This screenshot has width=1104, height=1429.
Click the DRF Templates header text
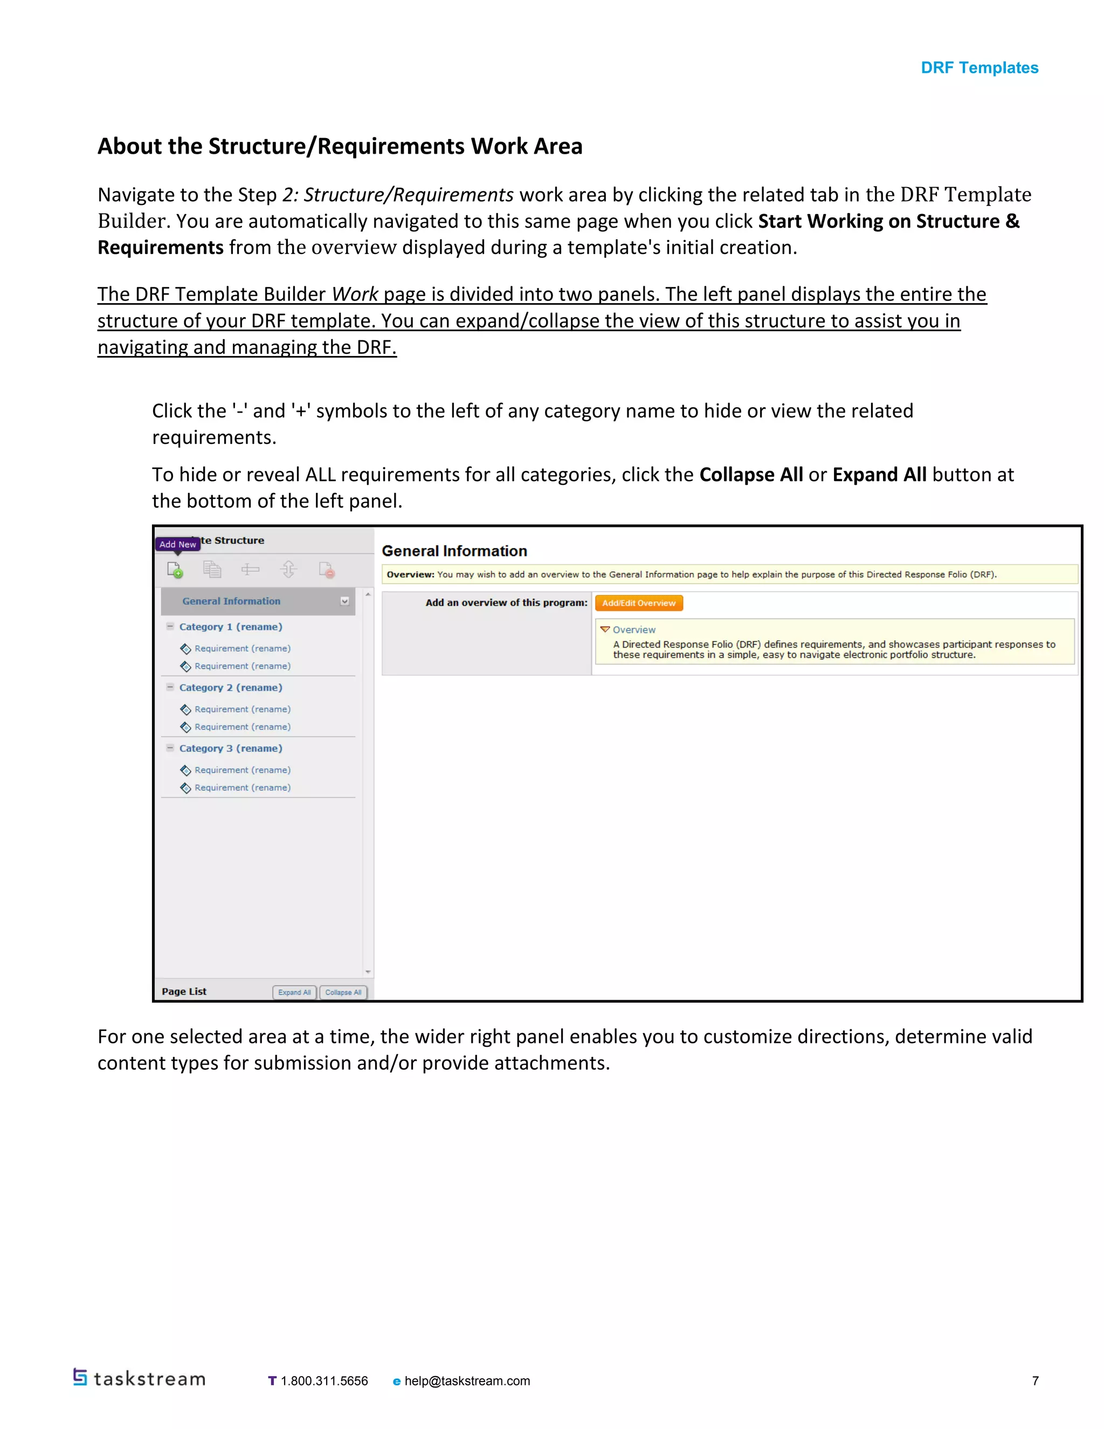(x=979, y=68)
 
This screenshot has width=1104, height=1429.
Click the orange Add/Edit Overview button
(x=638, y=603)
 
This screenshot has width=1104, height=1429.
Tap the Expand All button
(x=294, y=992)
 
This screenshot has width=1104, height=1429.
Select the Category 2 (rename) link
(x=230, y=687)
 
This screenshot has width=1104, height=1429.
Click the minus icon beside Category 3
(x=170, y=747)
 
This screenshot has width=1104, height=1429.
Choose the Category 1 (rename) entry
(x=230, y=626)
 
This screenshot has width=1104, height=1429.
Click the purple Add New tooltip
(x=177, y=544)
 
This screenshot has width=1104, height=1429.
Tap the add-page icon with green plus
(x=175, y=569)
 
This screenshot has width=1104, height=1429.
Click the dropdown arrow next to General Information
(x=344, y=601)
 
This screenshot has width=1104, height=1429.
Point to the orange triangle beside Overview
(x=605, y=629)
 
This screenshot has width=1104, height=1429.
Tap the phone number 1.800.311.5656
(x=324, y=1380)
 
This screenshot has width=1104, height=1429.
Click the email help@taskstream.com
(x=467, y=1380)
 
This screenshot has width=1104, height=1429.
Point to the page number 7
(x=1036, y=1380)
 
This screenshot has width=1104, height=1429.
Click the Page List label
(x=184, y=991)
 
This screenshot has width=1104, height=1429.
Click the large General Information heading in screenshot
(x=454, y=551)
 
